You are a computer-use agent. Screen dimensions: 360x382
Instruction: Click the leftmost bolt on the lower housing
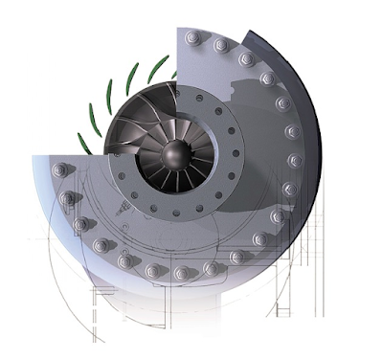[x=59, y=170]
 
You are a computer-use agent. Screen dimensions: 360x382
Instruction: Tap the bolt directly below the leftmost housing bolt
[x=65, y=198]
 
